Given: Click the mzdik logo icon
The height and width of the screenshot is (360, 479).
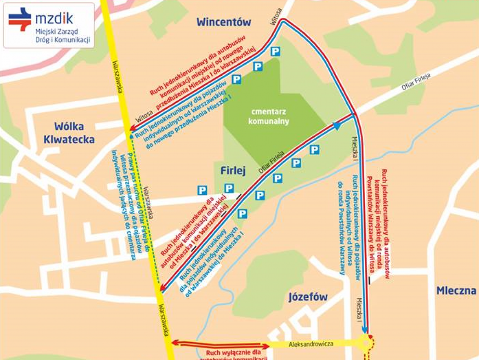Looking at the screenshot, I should (x=20, y=19).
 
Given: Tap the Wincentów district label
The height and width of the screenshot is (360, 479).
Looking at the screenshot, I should (x=224, y=22).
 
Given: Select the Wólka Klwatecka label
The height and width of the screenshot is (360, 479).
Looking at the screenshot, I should (x=69, y=133).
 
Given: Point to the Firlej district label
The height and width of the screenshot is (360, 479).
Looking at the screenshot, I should (x=232, y=170).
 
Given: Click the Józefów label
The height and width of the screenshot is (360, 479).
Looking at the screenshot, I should (x=308, y=297).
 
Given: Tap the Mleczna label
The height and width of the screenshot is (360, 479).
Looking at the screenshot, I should (x=456, y=291).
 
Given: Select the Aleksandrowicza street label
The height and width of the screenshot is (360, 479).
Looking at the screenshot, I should (x=311, y=344).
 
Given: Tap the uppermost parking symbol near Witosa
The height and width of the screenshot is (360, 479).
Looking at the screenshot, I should (x=275, y=51).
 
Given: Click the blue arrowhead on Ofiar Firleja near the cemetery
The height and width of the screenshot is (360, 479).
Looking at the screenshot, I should (x=337, y=125).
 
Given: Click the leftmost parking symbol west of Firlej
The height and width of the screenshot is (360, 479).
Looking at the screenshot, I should (x=202, y=191).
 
